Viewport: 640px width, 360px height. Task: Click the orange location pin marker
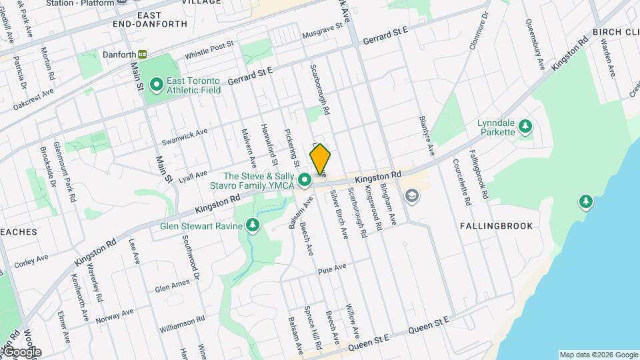click(x=320, y=159)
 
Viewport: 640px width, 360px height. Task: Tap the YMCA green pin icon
click(x=305, y=180)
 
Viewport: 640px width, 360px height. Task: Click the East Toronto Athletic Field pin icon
click(x=157, y=84)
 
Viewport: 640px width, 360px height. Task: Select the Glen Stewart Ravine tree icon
click(x=253, y=226)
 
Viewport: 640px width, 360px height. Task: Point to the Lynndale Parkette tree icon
click(x=525, y=125)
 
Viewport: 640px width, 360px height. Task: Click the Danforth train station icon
click(x=142, y=55)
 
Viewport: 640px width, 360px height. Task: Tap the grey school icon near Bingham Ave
click(x=411, y=195)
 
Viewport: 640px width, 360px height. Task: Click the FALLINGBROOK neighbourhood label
click(x=497, y=226)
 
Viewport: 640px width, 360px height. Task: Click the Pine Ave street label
click(x=332, y=269)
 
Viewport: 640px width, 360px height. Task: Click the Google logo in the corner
click(x=21, y=351)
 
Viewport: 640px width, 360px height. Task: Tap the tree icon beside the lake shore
click(x=585, y=201)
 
